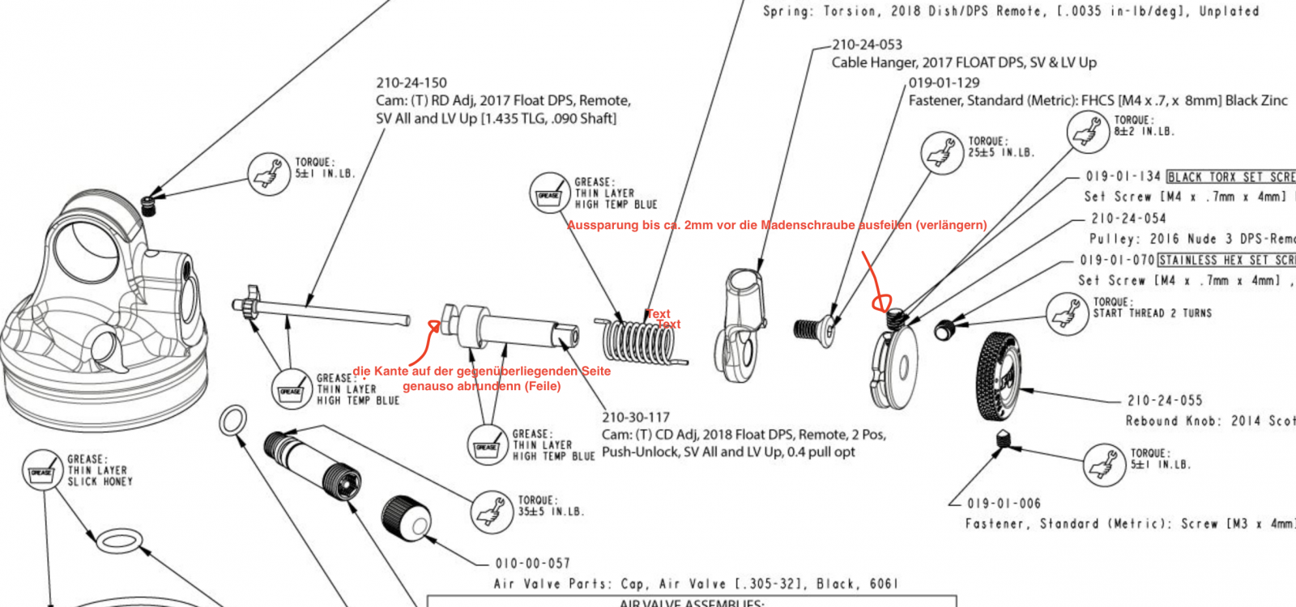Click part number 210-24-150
(x=411, y=83)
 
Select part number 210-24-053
(x=867, y=45)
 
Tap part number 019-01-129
(x=944, y=83)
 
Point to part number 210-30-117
(x=636, y=418)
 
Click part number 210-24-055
(x=1165, y=401)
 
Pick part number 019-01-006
(x=1004, y=503)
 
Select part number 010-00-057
(x=532, y=563)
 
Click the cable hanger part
(x=741, y=324)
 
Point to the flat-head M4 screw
(x=814, y=329)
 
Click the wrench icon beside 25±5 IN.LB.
(x=942, y=151)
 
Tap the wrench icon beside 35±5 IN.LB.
(x=492, y=511)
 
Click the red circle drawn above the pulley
(x=880, y=303)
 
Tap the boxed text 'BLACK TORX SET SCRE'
(x=1230, y=176)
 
